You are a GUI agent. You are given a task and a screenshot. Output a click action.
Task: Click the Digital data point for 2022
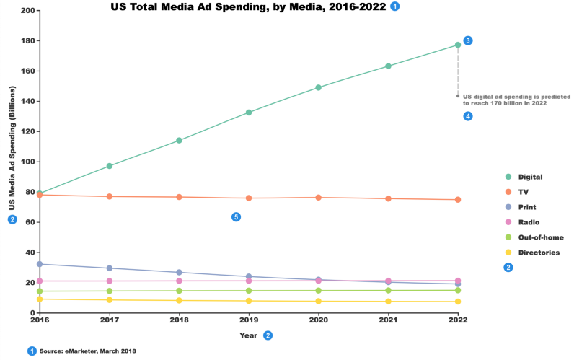click(457, 45)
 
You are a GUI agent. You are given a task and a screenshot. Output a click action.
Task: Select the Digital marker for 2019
click(249, 113)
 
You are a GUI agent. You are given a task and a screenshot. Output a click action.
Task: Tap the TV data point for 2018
click(179, 197)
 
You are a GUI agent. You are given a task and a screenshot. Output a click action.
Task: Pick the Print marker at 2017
click(109, 268)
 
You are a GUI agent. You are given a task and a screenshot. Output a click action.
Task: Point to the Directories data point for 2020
click(318, 302)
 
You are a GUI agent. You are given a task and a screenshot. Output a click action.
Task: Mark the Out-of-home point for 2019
click(249, 291)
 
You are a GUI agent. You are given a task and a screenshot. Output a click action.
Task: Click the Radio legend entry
click(529, 222)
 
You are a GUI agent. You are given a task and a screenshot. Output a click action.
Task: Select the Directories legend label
click(539, 253)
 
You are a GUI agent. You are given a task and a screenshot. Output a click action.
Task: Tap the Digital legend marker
click(508, 177)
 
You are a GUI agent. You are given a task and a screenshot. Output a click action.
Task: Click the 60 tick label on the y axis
click(30, 222)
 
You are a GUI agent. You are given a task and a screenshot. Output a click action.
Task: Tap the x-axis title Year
click(248, 335)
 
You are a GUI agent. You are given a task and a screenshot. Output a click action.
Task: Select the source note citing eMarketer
click(87, 351)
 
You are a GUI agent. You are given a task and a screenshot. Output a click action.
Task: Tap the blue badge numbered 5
click(236, 217)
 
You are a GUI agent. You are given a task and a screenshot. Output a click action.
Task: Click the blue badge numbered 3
click(468, 40)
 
